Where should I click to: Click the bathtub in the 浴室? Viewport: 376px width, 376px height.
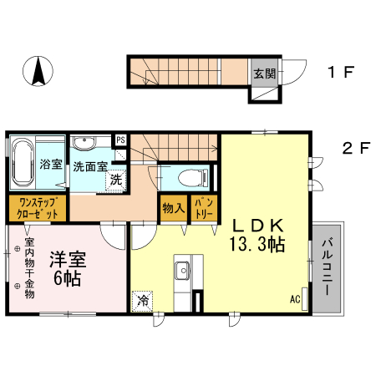tap(22, 162)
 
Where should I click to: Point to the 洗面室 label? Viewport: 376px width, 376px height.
tap(89, 165)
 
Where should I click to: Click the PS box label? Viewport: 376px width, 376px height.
tap(121, 140)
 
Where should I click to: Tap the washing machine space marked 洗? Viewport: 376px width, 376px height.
tap(117, 177)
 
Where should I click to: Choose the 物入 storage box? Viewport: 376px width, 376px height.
tap(173, 206)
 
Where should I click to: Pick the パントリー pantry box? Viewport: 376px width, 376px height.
tap(202, 206)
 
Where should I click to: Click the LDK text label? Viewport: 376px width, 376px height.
tap(259, 225)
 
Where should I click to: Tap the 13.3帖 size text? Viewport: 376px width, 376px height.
tap(259, 245)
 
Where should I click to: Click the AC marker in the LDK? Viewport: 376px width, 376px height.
tap(295, 299)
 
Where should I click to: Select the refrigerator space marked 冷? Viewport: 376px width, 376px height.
tap(144, 299)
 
